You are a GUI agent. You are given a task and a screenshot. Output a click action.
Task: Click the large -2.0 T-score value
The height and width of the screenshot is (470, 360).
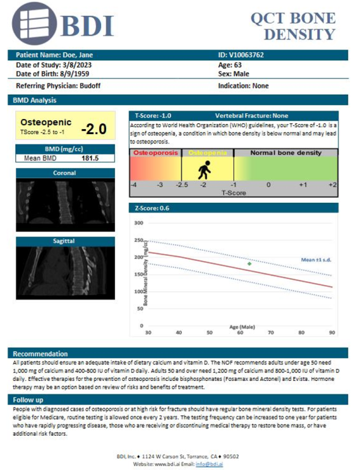(x=93, y=129)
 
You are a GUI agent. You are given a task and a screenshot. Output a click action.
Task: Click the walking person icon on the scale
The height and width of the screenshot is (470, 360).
(x=204, y=170)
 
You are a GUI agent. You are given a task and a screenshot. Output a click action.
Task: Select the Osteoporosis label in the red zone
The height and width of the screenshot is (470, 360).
(x=155, y=153)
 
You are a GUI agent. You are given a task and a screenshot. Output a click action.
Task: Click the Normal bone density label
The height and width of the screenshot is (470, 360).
(x=286, y=153)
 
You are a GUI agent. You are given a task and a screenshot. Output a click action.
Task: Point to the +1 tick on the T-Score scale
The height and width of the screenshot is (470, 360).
(x=303, y=184)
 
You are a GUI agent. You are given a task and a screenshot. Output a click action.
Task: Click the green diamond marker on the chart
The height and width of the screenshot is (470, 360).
(x=249, y=263)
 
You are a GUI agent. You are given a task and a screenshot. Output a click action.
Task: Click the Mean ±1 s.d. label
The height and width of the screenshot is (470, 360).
(x=316, y=259)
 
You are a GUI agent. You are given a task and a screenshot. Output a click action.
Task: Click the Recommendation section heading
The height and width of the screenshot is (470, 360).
(x=36, y=353)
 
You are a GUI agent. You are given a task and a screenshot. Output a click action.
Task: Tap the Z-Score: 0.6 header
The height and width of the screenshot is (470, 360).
(x=151, y=208)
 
